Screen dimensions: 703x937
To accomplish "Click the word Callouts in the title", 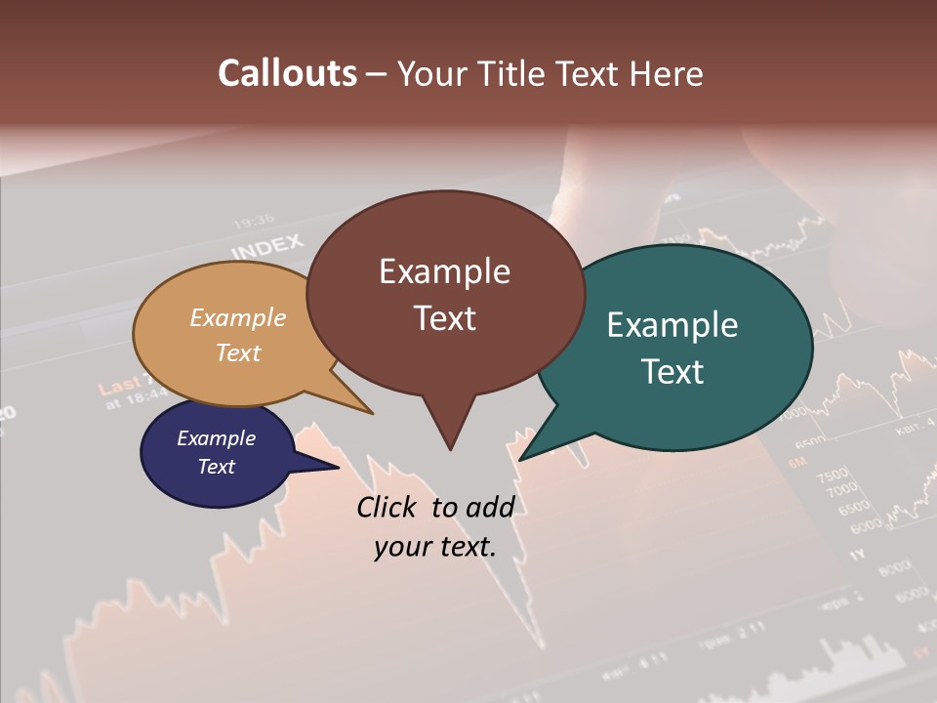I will click(287, 73).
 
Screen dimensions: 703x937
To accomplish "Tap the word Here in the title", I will click(667, 73).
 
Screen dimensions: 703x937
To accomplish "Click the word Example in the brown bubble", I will click(444, 271).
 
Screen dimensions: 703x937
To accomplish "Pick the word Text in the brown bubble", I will click(444, 318).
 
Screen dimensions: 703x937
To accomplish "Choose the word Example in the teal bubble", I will click(672, 325).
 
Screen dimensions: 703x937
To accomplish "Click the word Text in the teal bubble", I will click(672, 372).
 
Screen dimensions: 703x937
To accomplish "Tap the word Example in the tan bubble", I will click(238, 317).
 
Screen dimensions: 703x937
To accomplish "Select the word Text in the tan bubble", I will click(238, 352).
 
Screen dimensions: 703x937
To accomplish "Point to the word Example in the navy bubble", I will click(216, 438).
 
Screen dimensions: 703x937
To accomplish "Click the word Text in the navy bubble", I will click(216, 467).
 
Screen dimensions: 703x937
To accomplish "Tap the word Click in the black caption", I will click(387, 507).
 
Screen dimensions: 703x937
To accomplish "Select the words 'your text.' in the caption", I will click(435, 547).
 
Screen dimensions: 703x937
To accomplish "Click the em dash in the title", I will click(378, 74).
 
